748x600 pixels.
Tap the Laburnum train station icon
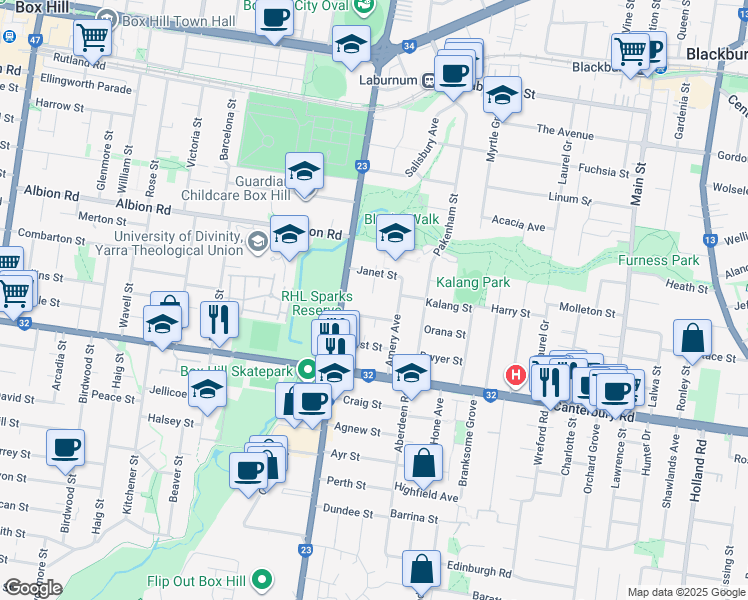pos(427,81)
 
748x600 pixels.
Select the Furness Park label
pos(658,260)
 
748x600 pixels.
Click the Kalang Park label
pos(472,283)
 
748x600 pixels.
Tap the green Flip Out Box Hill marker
pos(263,578)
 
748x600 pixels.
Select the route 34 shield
pos(409,46)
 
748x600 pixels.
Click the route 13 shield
pos(709,239)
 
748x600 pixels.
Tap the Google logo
pos(33,588)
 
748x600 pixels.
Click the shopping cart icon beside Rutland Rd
pos(93,38)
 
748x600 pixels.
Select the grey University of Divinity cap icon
pos(257,240)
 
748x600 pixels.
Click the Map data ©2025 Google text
pos(685,592)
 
